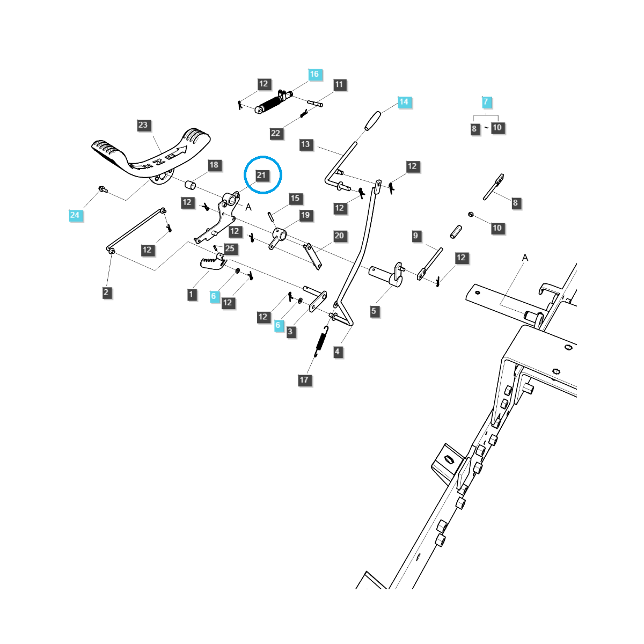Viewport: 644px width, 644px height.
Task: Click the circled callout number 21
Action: pos(261,175)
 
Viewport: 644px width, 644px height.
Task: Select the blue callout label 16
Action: pos(314,74)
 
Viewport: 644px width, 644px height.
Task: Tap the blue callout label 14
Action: pos(404,101)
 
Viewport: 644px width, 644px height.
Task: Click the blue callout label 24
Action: pos(75,215)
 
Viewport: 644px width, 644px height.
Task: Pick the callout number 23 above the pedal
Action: pos(143,125)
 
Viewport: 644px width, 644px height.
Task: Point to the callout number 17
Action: pos(304,380)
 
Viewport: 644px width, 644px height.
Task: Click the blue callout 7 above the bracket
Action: pos(486,101)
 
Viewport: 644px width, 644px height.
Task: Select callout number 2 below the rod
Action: pos(106,292)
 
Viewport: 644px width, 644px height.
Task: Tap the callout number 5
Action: pos(374,311)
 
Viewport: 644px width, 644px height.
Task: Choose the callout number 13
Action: pos(305,144)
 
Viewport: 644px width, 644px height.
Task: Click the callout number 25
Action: pos(230,248)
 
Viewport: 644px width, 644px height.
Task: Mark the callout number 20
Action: pos(339,236)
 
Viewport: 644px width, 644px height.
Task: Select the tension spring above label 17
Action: pos(320,341)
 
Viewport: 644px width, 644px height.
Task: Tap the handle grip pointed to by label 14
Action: pos(372,121)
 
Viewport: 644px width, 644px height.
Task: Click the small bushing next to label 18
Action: pos(191,185)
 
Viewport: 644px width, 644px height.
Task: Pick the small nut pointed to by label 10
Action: pos(470,215)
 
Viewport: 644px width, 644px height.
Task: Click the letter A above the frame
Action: pos(525,258)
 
